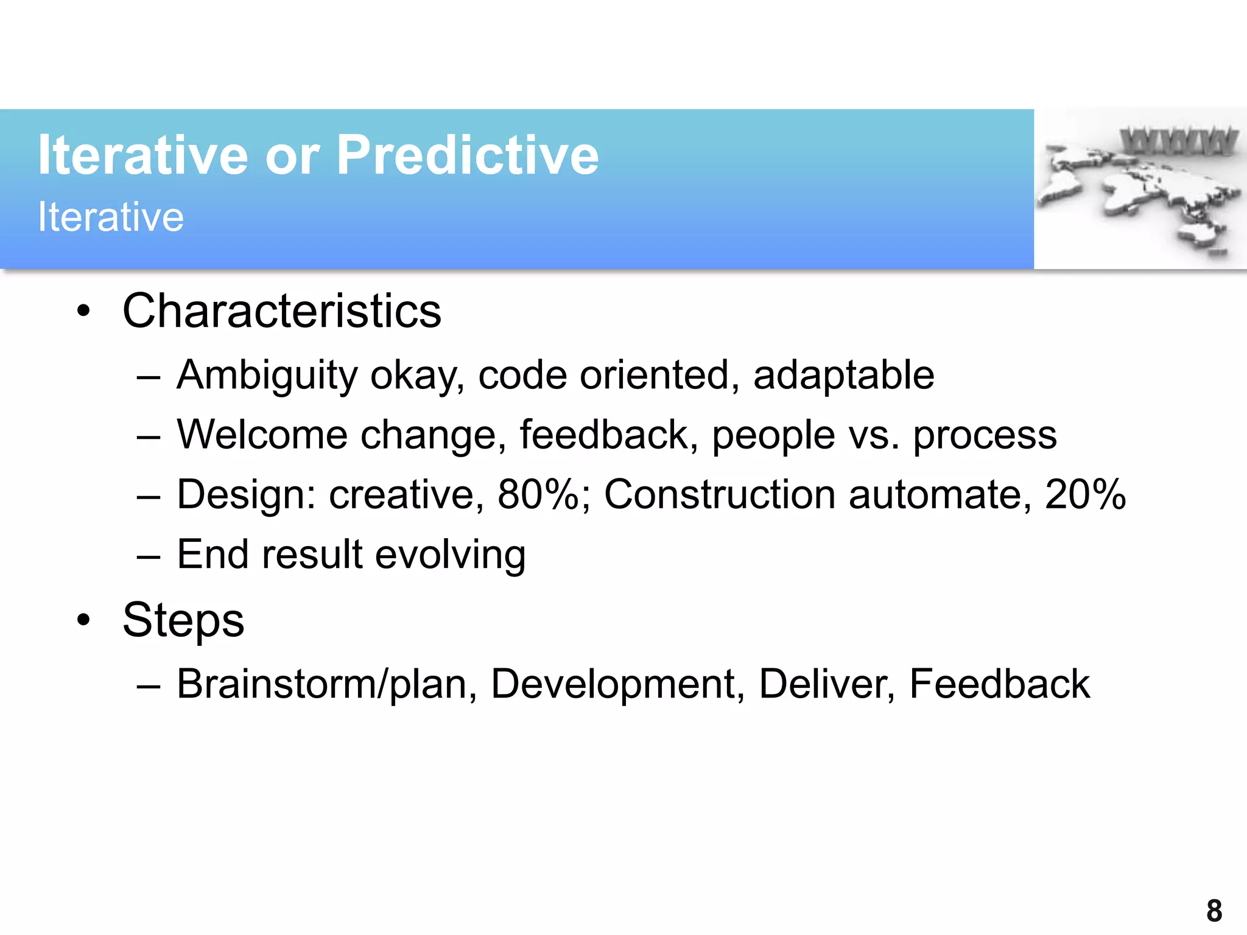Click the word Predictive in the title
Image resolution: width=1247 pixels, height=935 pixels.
point(467,156)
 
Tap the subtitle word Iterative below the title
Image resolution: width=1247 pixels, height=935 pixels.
point(111,217)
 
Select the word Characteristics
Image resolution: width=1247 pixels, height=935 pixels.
point(282,311)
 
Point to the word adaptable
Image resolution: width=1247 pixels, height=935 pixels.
point(843,375)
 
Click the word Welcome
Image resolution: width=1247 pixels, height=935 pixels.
point(262,435)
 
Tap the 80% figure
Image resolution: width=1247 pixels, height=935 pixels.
point(538,494)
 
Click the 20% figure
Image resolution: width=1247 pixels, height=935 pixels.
point(1085,494)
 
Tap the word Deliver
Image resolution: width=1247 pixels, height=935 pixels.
point(827,684)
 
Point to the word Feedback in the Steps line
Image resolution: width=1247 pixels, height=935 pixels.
point(999,684)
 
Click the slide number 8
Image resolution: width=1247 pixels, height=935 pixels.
point(1214,911)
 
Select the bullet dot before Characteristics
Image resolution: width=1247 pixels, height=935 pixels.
point(83,312)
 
